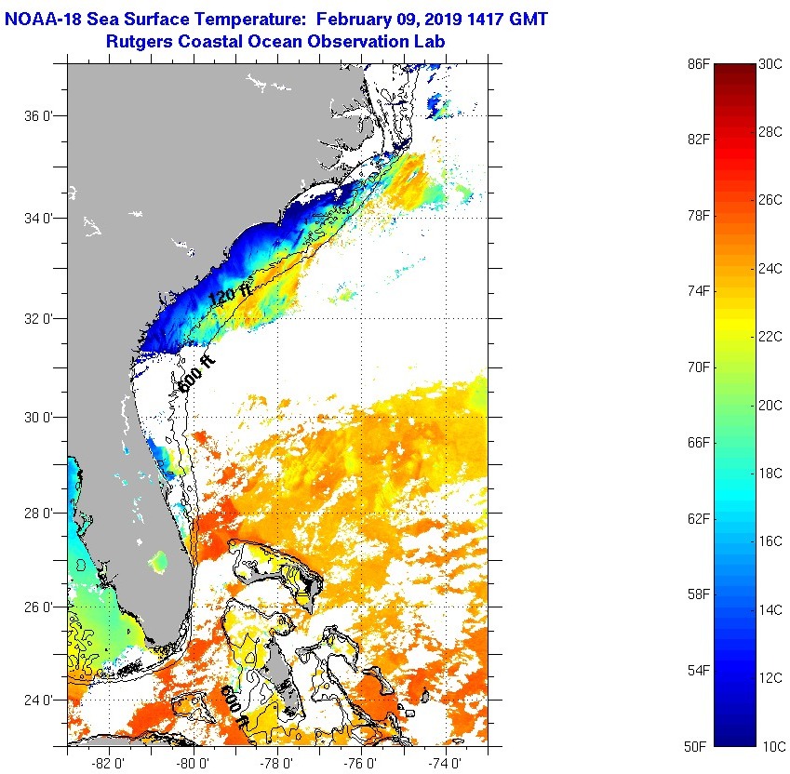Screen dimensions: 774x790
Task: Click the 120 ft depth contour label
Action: [x=230, y=295]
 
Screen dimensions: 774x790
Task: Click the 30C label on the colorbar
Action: [x=770, y=63]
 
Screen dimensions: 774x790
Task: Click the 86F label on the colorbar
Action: [x=699, y=63]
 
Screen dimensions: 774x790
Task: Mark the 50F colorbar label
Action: [x=699, y=746]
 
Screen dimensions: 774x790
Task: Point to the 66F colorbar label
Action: [x=699, y=443]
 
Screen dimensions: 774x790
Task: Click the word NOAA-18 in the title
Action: [x=44, y=18]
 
